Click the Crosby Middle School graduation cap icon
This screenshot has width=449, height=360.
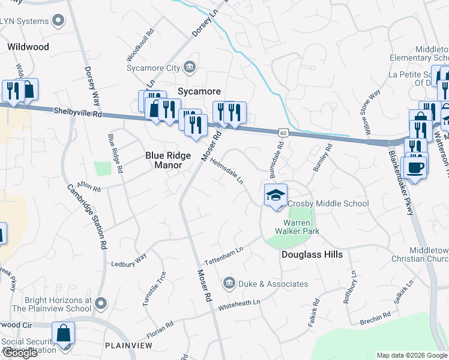pos(276,196)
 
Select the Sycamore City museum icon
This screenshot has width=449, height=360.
pos(190,66)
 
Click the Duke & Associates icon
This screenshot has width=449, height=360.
pos(228,283)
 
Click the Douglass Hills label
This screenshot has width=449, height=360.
pos(312,254)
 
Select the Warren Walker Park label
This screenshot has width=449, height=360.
pos(297,226)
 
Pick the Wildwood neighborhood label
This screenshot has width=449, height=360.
pos(28,46)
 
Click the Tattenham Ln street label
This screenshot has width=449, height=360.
pos(223,259)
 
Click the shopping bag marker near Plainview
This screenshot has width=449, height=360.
pos(63,334)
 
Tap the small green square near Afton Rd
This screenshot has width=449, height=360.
pos(103,169)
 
